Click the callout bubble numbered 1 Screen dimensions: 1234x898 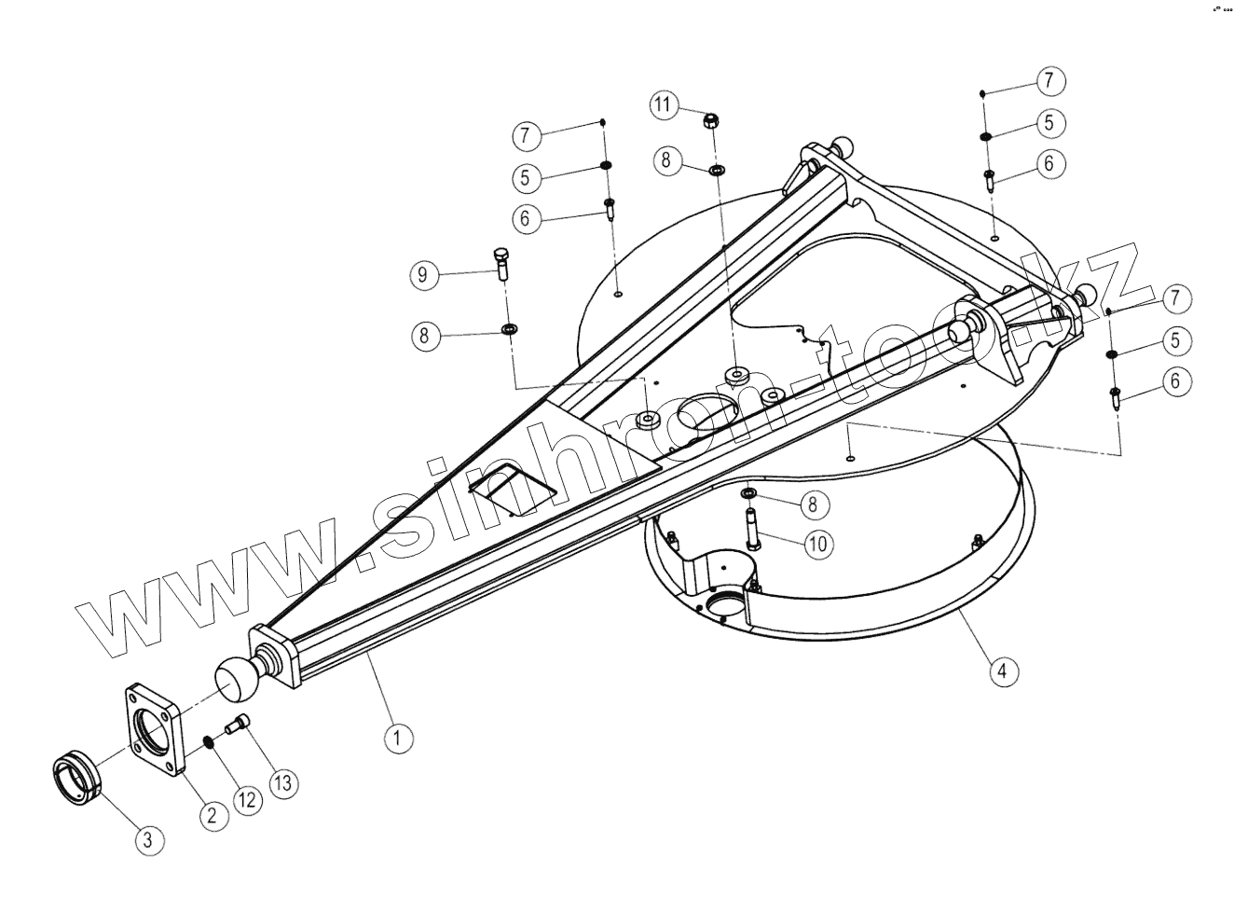coord(398,739)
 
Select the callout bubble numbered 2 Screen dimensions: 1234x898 coord(213,814)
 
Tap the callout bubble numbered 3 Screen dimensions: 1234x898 coord(149,839)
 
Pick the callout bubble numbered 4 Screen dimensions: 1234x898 coord(1002,670)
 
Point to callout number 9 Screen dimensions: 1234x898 coord(424,274)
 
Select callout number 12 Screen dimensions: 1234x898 coord(247,800)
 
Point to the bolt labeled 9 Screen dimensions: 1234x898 coord(500,265)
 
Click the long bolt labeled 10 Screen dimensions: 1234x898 coord(751,526)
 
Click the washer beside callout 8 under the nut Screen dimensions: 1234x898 coord(718,170)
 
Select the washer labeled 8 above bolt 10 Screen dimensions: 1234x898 coord(748,492)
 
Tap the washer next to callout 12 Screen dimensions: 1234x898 coord(209,741)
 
